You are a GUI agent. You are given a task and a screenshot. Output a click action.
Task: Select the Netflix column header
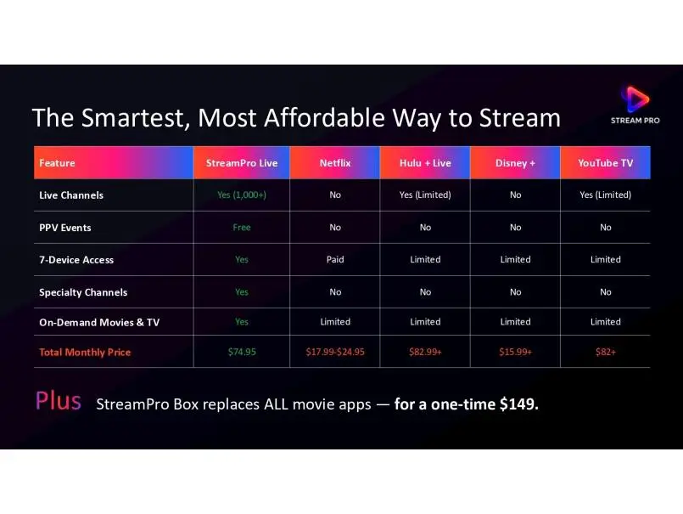click(x=335, y=163)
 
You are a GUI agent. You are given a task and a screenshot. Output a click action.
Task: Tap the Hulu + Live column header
click(x=425, y=163)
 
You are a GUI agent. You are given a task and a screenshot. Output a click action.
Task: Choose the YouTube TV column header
click(x=606, y=163)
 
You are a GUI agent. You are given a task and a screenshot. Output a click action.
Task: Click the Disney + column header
click(x=515, y=163)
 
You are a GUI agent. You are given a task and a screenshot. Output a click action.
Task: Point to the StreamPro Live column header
click(x=242, y=163)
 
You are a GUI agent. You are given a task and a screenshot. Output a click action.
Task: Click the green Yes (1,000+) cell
click(x=242, y=195)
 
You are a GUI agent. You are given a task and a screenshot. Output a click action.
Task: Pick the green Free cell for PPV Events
click(x=242, y=228)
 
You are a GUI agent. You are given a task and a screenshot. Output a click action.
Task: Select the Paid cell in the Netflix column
click(x=335, y=260)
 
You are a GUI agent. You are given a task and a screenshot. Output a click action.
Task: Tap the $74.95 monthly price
click(x=242, y=352)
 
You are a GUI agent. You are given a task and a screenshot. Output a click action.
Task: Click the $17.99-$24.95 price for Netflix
click(x=335, y=352)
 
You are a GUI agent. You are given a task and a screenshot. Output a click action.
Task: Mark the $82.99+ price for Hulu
click(x=425, y=352)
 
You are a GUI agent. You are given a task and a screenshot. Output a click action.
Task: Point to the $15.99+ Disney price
click(x=515, y=352)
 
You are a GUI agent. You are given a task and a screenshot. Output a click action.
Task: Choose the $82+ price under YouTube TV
click(x=606, y=352)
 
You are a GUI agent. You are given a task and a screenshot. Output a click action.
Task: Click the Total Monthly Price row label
click(x=85, y=352)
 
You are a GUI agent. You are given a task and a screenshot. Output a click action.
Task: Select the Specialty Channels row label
click(x=83, y=292)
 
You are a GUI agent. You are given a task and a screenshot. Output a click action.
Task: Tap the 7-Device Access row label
click(x=76, y=260)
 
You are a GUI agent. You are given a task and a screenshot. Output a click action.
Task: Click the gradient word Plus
click(x=59, y=400)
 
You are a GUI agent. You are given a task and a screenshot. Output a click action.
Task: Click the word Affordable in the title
click(x=324, y=118)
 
